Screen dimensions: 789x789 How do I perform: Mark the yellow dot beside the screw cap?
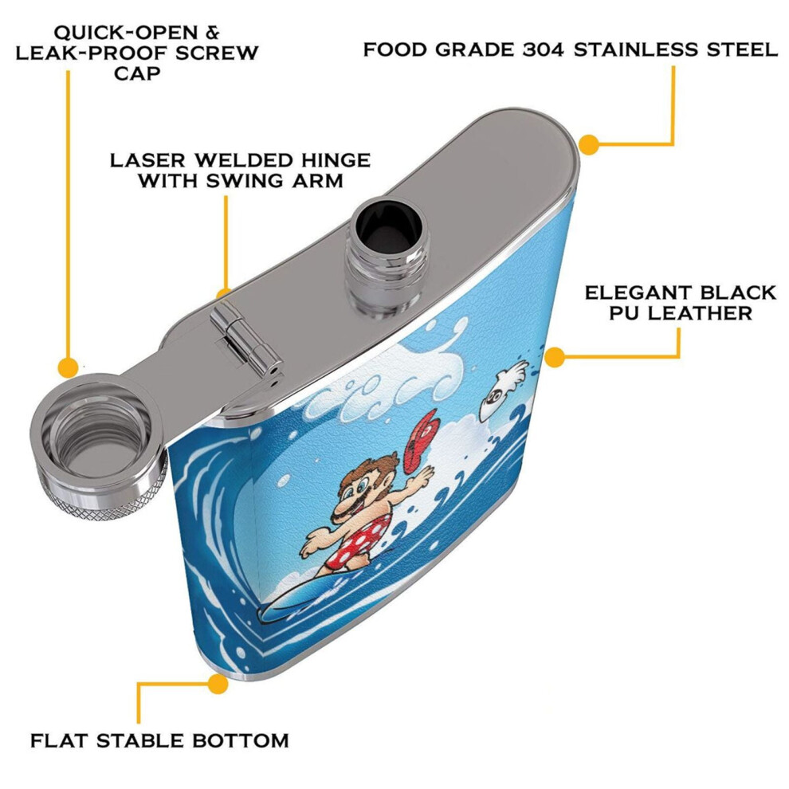coord(69,368)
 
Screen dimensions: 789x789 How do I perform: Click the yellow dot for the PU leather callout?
coord(555,357)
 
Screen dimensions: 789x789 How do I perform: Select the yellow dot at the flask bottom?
coord(218,684)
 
